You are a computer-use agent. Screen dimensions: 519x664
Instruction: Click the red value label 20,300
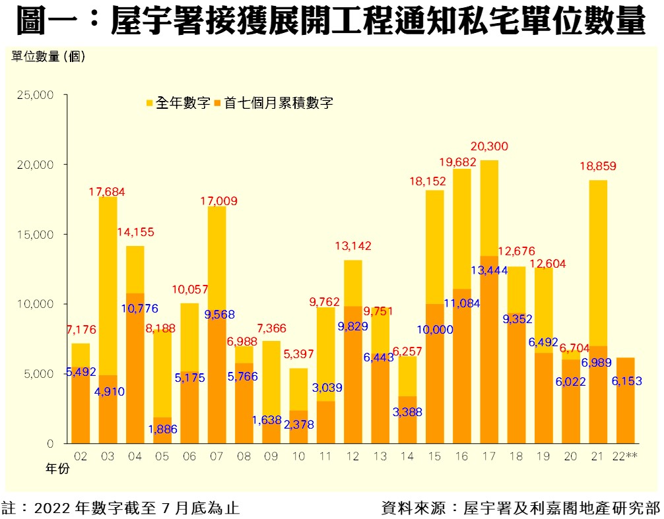point(490,146)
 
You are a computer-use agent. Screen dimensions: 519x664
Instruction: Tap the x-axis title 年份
point(57,470)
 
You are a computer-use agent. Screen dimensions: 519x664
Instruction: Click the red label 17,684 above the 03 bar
point(106,192)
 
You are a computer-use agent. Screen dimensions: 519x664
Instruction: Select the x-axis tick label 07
point(216,456)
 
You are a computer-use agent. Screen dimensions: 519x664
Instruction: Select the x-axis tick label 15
point(434,456)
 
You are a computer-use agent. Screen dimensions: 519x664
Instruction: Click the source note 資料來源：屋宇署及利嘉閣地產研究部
point(520,508)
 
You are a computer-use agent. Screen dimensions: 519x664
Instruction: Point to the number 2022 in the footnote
point(50,508)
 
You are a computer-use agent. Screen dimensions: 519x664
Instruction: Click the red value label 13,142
point(353,246)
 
